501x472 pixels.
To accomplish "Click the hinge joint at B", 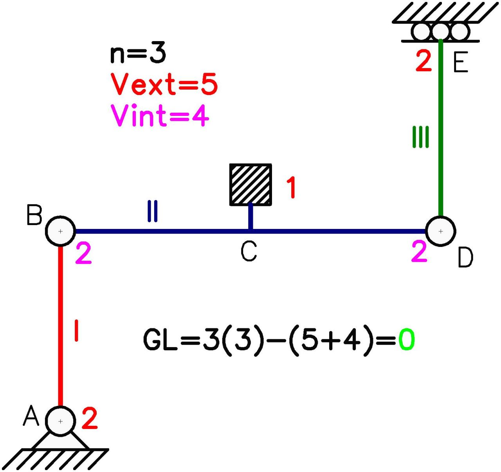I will [60, 231].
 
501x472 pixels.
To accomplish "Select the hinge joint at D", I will [440, 231].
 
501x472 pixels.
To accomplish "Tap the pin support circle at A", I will [60, 421].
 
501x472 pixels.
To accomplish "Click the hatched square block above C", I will [250, 185].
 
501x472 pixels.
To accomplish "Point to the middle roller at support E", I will [440, 31].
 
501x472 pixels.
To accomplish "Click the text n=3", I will [138, 54].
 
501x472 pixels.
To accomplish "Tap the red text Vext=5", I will [164, 84].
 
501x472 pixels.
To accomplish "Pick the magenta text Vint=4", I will [160, 116].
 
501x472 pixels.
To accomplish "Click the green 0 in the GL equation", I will [406, 340].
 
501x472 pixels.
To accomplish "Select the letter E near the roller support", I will [460, 63].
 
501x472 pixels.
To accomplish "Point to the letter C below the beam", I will [249, 251].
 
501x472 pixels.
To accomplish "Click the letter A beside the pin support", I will [31, 416].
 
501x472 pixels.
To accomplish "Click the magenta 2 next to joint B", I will [83, 253].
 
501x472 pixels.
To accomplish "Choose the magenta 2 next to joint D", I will [419, 251].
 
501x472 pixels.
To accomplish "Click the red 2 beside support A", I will [90, 418].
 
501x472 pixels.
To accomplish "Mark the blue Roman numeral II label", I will [152, 211].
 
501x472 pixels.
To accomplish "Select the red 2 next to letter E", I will [424, 61].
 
